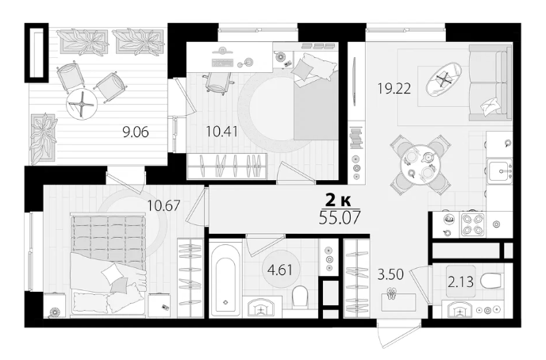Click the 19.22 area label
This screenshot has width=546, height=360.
(x=394, y=88)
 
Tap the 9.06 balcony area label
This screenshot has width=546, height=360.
(x=136, y=132)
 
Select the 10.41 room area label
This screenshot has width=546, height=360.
(x=222, y=132)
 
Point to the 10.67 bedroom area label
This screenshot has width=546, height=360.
(x=163, y=205)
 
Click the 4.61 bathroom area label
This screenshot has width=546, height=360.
(x=279, y=270)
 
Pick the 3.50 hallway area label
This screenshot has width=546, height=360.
(x=390, y=274)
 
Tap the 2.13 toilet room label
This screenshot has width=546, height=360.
(x=460, y=281)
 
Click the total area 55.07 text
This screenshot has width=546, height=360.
(x=340, y=217)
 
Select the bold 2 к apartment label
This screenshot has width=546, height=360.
(x=338, y=201)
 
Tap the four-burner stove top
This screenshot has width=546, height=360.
(x=472, y=224)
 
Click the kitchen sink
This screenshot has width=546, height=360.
(x=500, y=170)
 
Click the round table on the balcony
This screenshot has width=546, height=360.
(x=82, y=103)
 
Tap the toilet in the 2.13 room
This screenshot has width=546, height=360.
(x=491, y=281)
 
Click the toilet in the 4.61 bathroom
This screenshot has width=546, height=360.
(x=301, y=297)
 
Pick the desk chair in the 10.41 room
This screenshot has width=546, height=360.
(x=218, y=82)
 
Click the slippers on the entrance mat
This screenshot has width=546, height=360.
(x=392, y=293)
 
